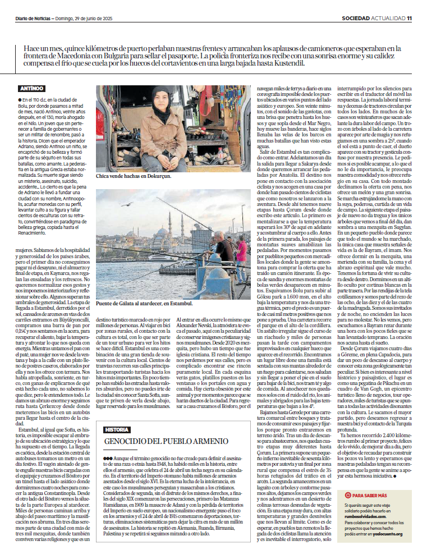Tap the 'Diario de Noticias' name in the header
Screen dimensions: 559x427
click(x=33, y=19)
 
